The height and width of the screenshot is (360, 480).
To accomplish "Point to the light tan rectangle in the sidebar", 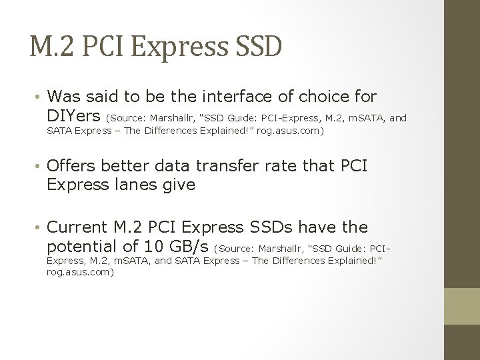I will click(x=461, y=306).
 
